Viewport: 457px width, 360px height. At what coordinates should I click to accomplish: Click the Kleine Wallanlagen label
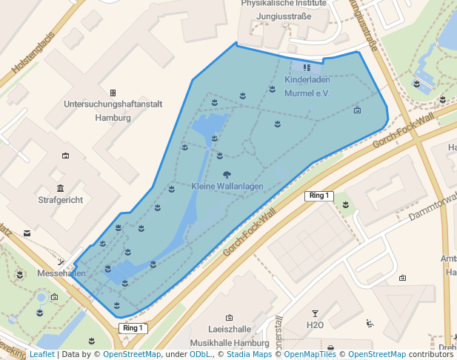click(x=227, y=187)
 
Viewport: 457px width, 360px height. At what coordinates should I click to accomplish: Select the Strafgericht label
click(x=61, y=200)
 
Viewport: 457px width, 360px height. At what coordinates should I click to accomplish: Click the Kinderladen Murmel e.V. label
click(x=307, y=87)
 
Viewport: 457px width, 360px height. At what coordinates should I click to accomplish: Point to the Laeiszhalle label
click(x=229, y=331)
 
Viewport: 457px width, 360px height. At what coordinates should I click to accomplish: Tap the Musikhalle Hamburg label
click(x=229, y=344)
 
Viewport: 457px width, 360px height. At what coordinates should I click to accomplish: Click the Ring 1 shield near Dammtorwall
click(x=318, y=196)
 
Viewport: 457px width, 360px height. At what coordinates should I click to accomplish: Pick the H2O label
click(x=315, y=325)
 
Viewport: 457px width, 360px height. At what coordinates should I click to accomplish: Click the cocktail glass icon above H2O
click(x=315, y=314)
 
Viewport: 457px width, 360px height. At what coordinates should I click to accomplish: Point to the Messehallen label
click(x=61, y=273)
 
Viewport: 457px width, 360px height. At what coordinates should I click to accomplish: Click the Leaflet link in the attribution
click(x=42, y=354)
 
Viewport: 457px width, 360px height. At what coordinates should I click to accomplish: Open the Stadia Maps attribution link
click(x=247, y=354)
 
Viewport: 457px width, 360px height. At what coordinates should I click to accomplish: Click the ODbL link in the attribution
click(x=199, y=354)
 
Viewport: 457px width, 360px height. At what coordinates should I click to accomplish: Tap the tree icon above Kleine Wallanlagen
click(x=225, y=175)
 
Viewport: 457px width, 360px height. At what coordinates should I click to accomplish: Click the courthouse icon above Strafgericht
click(x=60, y=188)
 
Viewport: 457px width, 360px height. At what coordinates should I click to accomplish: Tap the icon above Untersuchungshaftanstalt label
click(x=113, y=93)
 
